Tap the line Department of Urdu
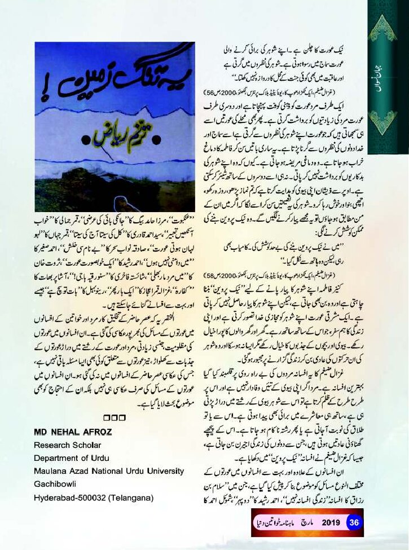71,458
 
